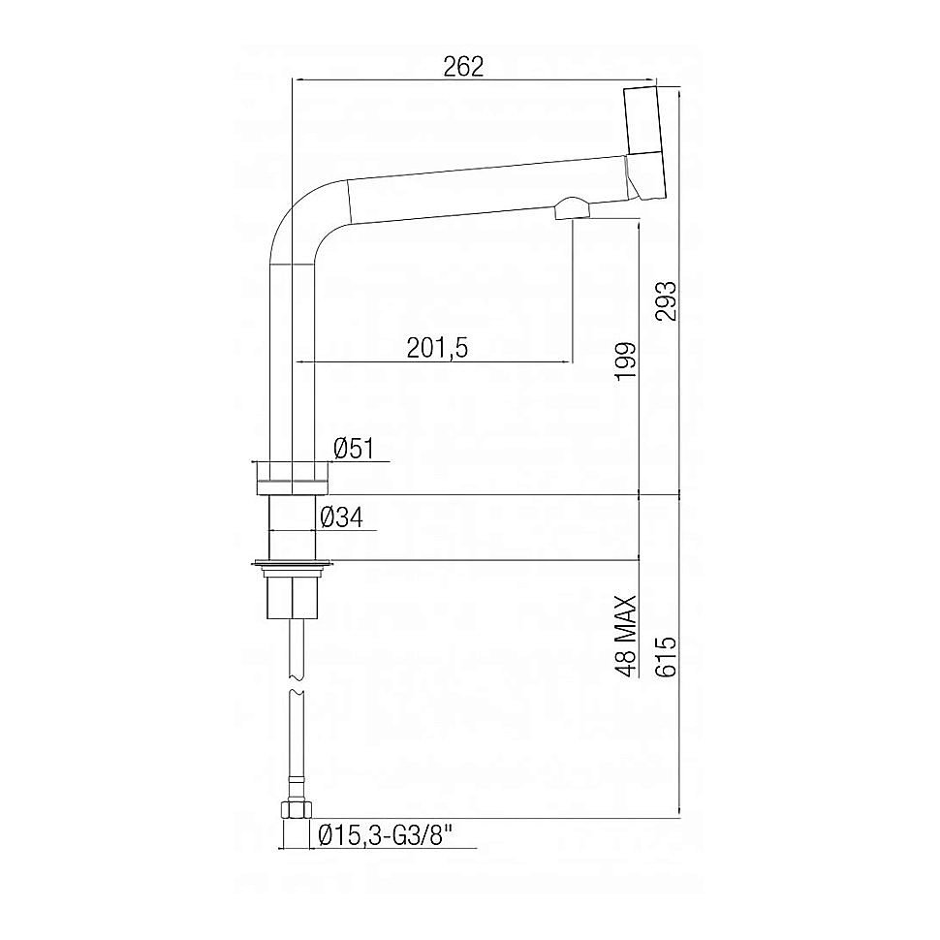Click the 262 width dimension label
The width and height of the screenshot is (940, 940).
click(x=463, y=66)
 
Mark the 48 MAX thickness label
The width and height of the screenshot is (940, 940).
click(x=626, y=635)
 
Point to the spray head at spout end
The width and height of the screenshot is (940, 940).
click(x=644, y=141)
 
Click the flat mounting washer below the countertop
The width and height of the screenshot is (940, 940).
click(x=291, y=561)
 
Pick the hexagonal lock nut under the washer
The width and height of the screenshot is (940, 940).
click(x=292, y=594)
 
